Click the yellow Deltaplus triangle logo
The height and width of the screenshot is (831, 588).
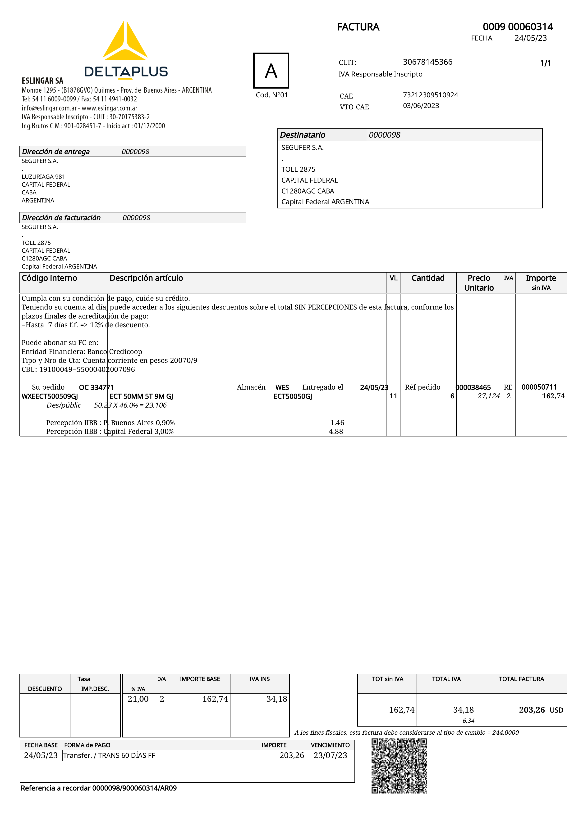125,42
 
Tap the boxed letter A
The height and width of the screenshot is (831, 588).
271,71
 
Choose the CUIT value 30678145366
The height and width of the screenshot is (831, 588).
427,62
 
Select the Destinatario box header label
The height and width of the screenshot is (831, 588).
303,135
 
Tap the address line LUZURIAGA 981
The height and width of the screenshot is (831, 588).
43,177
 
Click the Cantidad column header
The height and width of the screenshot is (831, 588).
428,278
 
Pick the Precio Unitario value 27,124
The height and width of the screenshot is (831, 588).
488,396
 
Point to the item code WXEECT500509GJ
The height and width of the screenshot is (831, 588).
50,396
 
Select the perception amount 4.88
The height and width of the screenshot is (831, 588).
336,431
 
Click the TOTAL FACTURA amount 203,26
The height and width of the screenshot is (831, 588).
532,710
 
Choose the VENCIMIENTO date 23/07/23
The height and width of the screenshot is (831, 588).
330,755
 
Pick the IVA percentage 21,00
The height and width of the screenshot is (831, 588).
138,699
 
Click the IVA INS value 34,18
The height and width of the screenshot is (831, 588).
276,699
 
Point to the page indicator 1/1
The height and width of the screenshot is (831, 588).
545,63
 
